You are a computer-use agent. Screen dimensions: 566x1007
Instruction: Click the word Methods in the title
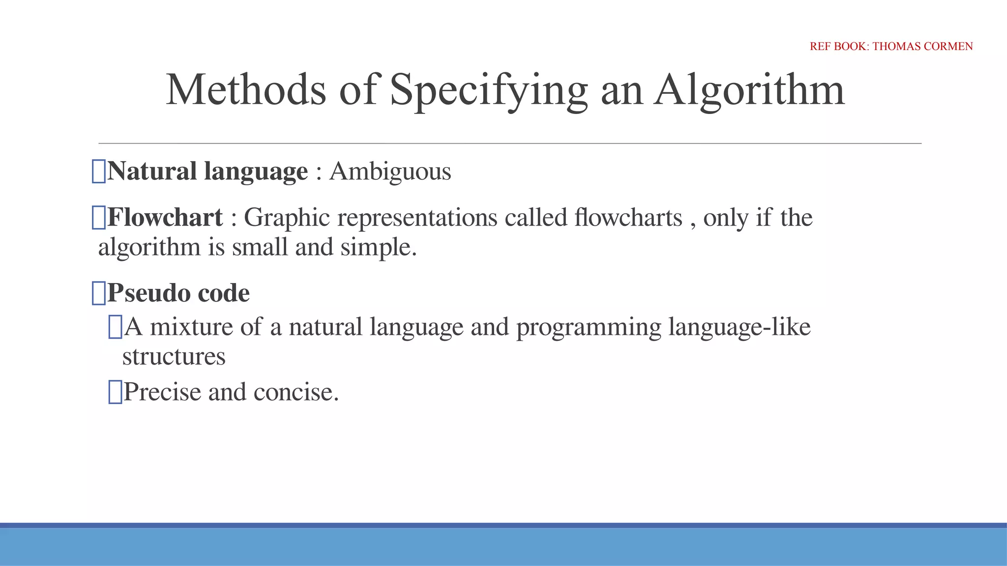(246, 89)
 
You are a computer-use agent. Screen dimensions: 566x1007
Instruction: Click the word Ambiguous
(390, 172)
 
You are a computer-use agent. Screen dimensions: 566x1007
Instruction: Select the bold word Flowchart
(165, 218)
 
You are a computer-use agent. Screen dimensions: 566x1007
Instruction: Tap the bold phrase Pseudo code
(178, 293)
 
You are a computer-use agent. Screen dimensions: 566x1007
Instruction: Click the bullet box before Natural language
(99, 172)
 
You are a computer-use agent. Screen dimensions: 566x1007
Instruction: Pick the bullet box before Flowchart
(99, 218)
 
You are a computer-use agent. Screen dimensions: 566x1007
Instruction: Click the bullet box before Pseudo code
(99, 293)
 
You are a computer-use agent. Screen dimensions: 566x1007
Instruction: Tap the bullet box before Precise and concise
(115, 393)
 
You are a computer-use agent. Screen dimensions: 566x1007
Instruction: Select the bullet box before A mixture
(115, 327)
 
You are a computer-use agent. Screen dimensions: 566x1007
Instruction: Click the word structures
(174, 357)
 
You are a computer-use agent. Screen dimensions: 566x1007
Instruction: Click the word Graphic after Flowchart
(287, 218)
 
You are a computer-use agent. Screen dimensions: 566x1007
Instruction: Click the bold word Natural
(152, 171)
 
